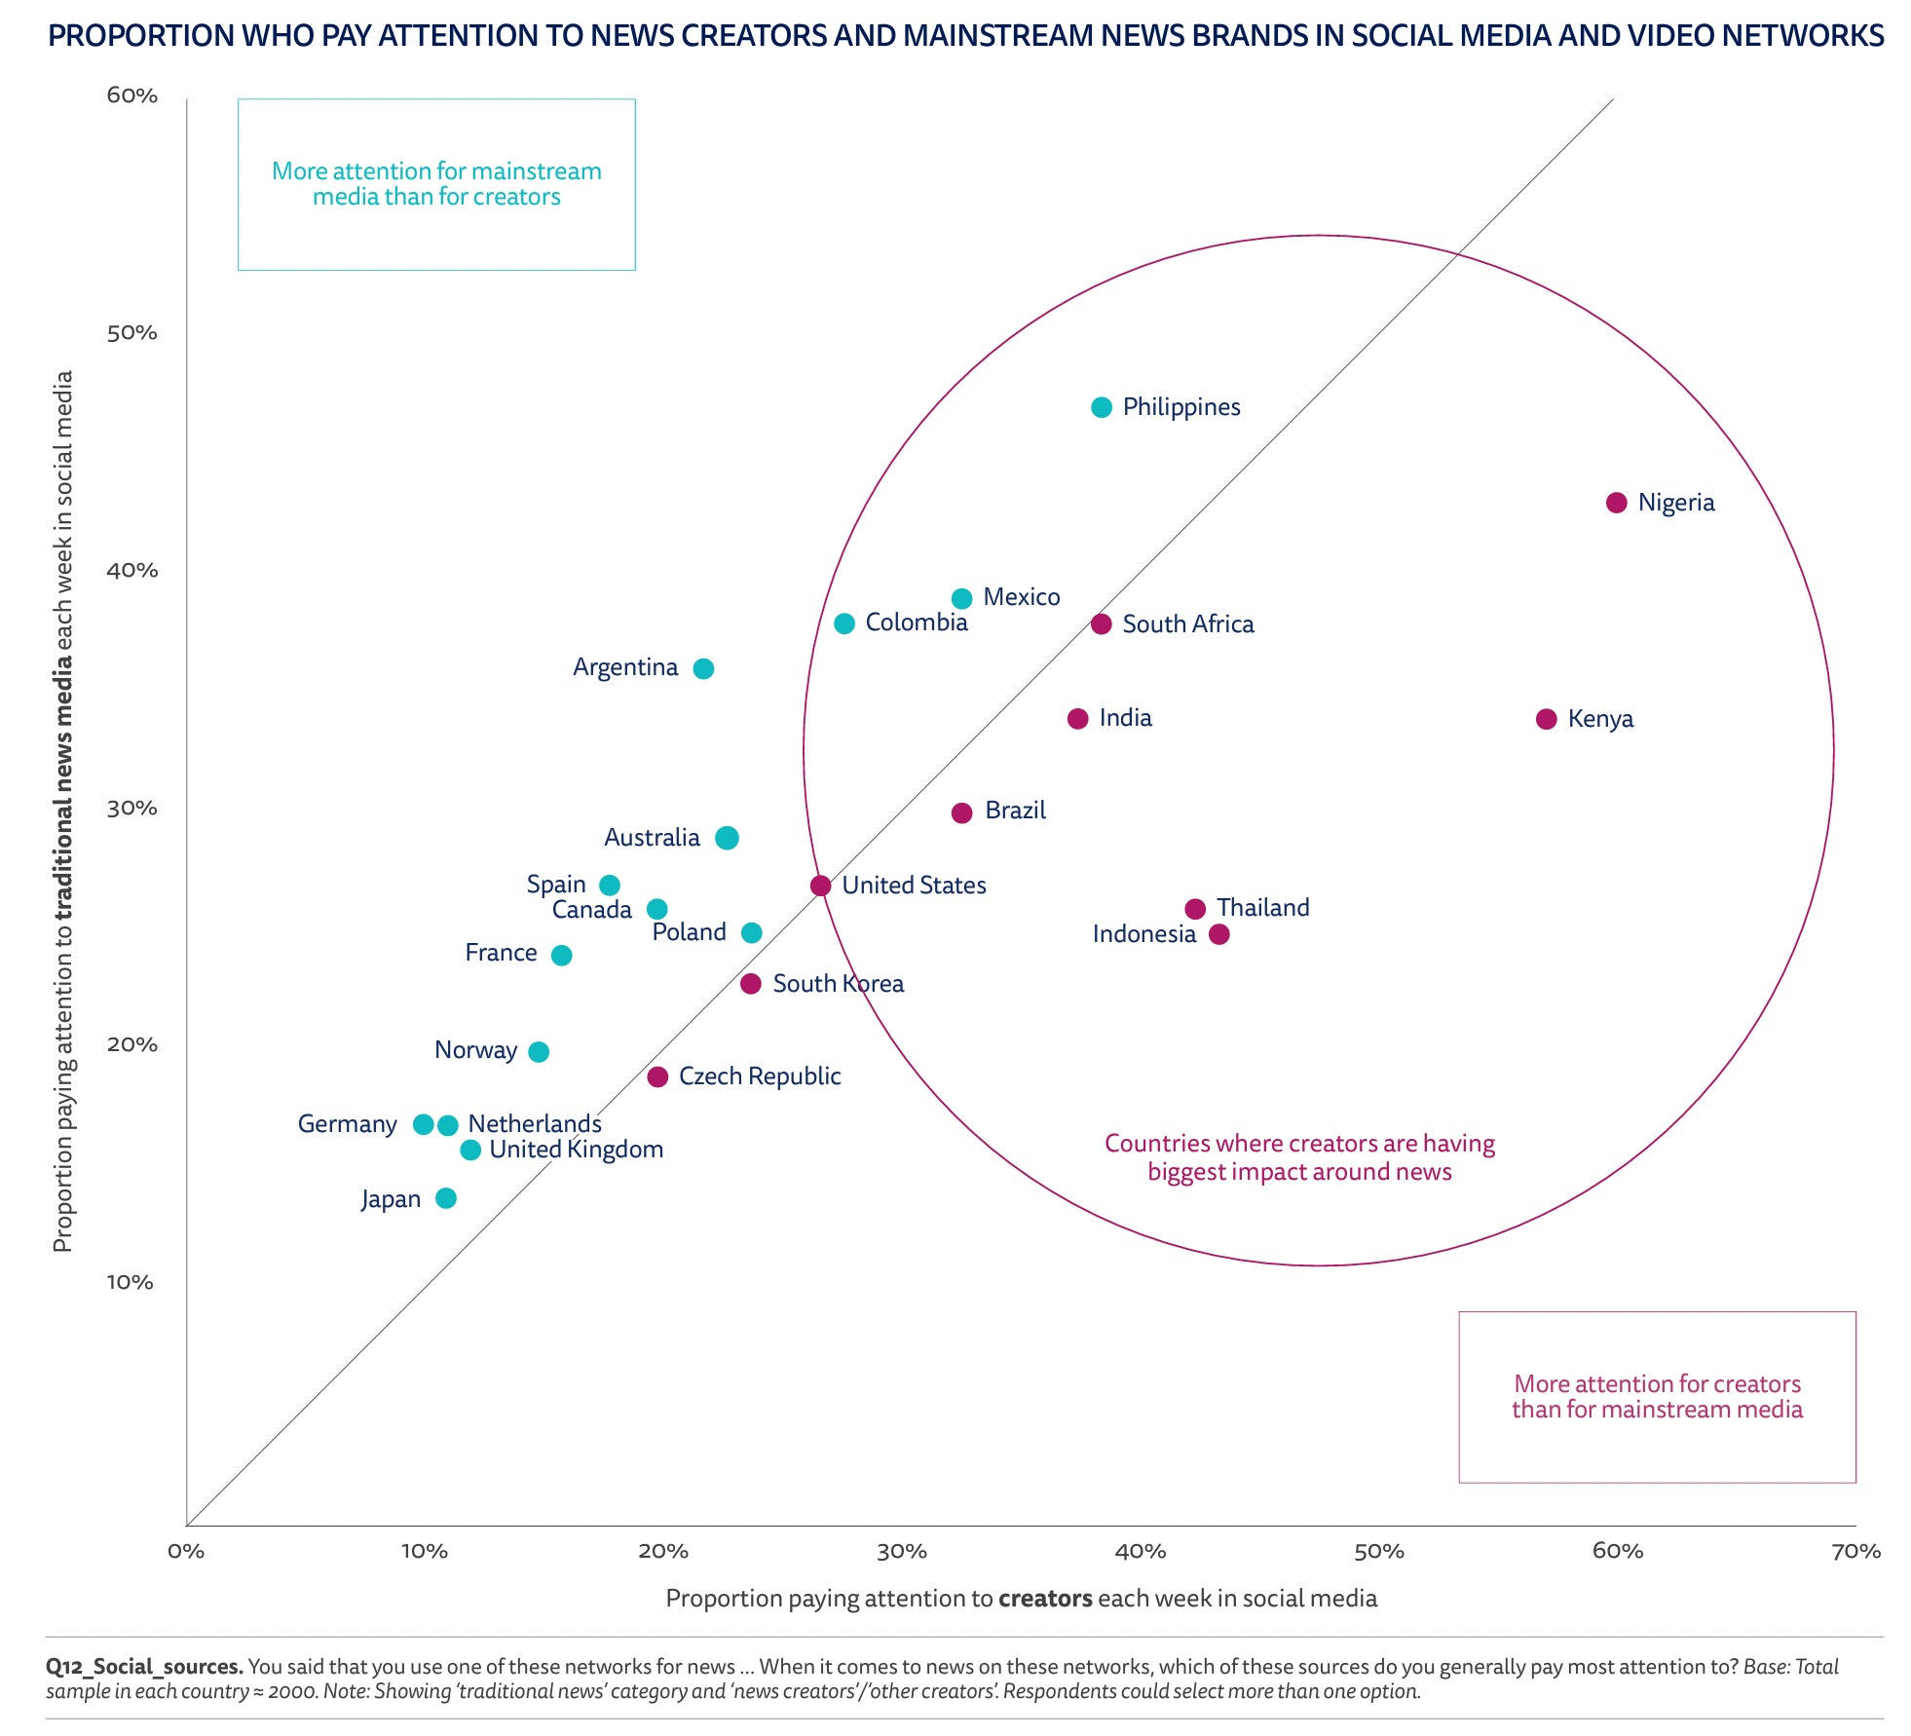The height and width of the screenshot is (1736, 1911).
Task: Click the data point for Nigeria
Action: [x=1616, y=503]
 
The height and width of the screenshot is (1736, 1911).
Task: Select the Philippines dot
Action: [x=1101, y=407]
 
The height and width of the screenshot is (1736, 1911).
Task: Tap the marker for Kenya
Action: [x=1546, y=719]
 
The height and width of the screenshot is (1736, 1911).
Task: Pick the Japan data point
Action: [x=445, y=1198]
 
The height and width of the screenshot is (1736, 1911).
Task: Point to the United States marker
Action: [x=820, y=886]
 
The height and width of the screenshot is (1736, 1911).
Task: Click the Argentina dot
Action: [x=702, y=668]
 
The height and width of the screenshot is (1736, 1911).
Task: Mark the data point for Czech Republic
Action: [x=657, y=1076]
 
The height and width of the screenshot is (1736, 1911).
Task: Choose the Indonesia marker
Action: [x=1218, y=934]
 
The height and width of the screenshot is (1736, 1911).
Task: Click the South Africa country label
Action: [x=1187, y=624]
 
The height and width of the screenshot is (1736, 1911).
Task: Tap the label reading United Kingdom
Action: [x=576, y=1150]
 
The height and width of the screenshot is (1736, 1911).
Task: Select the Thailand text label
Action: [x=1262, y=908]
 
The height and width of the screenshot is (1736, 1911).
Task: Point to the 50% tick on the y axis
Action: [x=132, y=333]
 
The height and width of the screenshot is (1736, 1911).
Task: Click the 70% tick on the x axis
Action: [x=1855, y=1552]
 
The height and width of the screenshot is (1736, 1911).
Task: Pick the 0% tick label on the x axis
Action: [x=186, y=1552]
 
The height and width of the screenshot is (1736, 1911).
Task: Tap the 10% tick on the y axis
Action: [x=132, y=1282]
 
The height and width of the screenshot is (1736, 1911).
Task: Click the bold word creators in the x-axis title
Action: [x=1045, y=1599]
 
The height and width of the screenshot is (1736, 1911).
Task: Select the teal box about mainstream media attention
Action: [x=436, y=184]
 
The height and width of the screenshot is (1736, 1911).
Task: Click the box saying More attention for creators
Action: [x=1657, y=1397]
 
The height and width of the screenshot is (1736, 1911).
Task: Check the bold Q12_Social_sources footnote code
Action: [x=144, y=1667]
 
